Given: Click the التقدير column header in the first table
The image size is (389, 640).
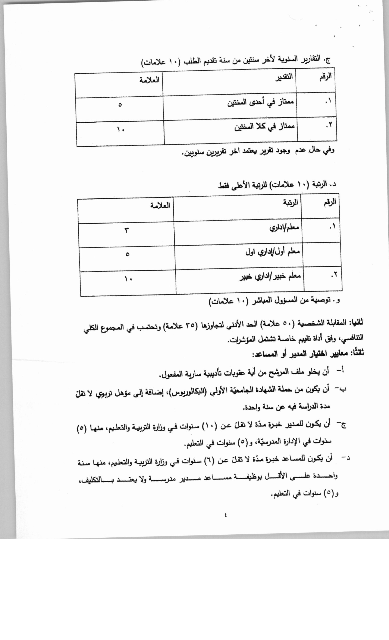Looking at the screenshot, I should [284, 77].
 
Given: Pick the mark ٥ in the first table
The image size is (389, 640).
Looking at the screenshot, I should [120, 105].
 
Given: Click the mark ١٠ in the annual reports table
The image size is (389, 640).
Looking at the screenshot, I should [120, 129].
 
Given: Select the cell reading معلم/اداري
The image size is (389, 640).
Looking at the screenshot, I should [284, 228].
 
